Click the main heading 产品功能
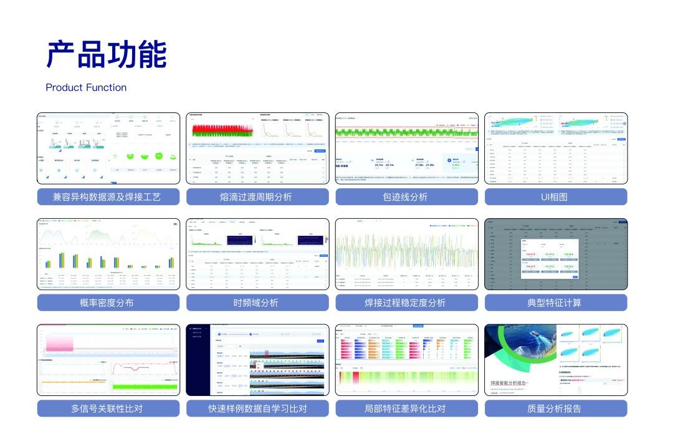[x=107, y=54]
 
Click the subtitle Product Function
[x=86, y=87]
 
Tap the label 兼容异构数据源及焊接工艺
[x=108, y=197]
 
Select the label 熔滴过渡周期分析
[x=257, y=197]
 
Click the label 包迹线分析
[x=406, y=197]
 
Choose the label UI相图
[x=555, y=197]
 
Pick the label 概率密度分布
[x=108, y=303]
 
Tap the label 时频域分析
[x=257, y=303]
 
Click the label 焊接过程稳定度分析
[x=406, y=303]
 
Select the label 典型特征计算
[x=555, y=303]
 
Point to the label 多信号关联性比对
[x=108, y=409]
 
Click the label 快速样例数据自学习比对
[x=257, y=409]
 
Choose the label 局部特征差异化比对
[x=406, y=409]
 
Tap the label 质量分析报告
[x=555, y=409]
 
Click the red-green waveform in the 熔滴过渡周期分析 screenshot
[x=221, y=130]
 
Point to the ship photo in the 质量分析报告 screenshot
[x=519, y=349]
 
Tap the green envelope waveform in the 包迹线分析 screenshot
[x=406, y=132]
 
